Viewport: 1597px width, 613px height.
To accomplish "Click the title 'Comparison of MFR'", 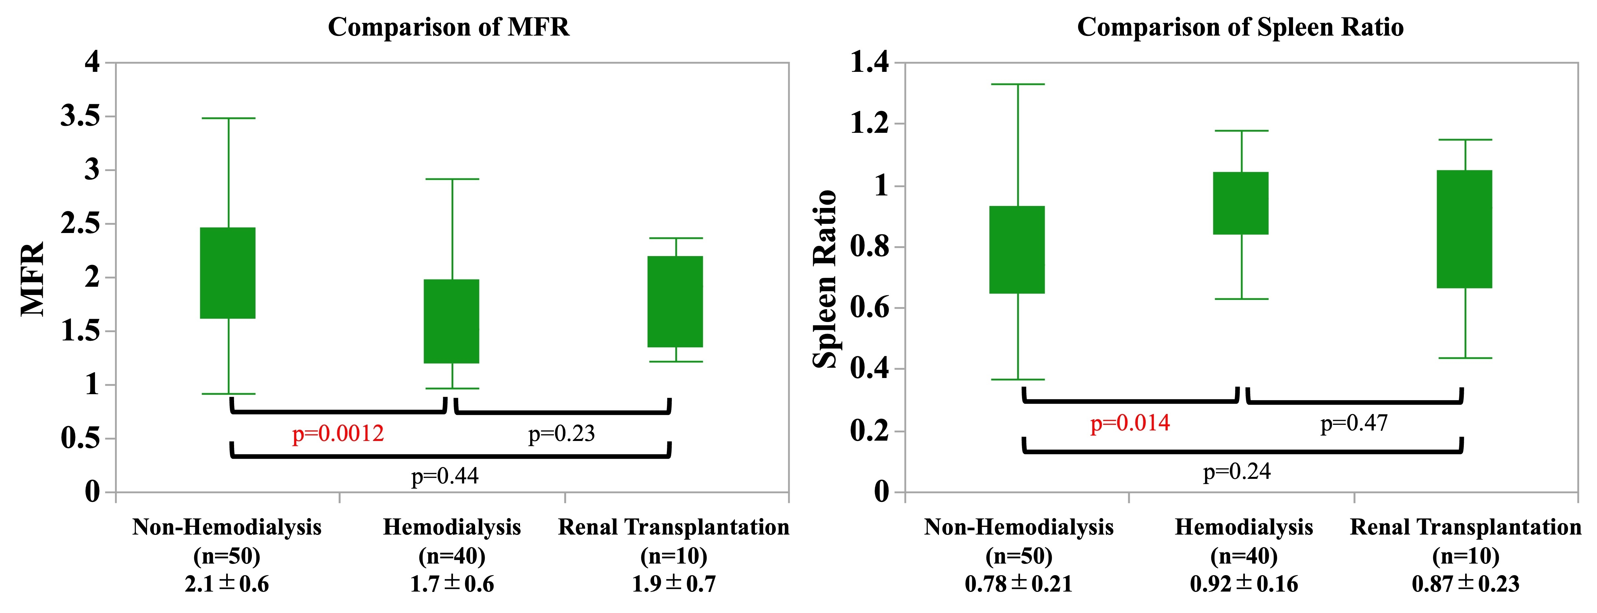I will coord(448,27).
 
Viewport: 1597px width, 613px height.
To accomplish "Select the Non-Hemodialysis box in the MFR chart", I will coord(227,273).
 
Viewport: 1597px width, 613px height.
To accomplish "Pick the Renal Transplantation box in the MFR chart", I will coord(675,301).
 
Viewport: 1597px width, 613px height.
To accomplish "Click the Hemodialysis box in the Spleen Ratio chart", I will coord(1241,203).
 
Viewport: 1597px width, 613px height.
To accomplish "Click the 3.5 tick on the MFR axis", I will coord(80,116).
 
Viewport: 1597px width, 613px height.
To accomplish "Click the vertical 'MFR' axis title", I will coord(32,279).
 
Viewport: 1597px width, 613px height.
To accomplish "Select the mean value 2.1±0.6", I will coord(227,584).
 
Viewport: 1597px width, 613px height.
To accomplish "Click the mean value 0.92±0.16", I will coord(1244,584).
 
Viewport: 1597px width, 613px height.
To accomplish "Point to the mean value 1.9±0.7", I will coord(674,584).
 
